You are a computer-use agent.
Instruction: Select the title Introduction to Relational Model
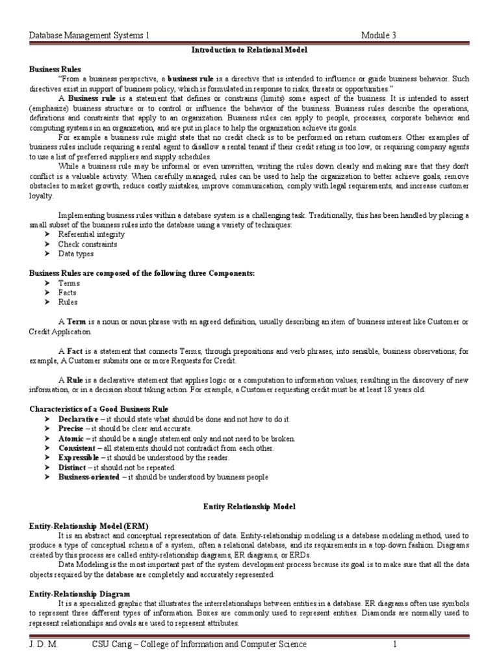(x=249, y=49)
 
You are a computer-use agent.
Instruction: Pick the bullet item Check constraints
(x=88, y=244)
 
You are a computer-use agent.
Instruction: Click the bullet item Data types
(x=76, y=254)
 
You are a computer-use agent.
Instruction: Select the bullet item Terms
(x=69, y=284)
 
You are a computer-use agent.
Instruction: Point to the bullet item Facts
(x=68, y=293)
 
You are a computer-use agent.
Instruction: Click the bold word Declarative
(x=78, y=420)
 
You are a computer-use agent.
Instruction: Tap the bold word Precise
(x=71, y=429)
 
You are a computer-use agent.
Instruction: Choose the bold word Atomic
(x=71, y=439)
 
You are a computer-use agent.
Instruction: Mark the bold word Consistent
(x=77, y=448)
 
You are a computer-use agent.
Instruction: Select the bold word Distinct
(x=73, y=468)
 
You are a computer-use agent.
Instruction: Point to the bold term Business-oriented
(x=88, y=477)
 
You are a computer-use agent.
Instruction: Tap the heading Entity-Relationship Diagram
(x=80, y=594)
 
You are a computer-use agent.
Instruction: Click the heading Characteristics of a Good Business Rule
(x=99, y=408)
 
